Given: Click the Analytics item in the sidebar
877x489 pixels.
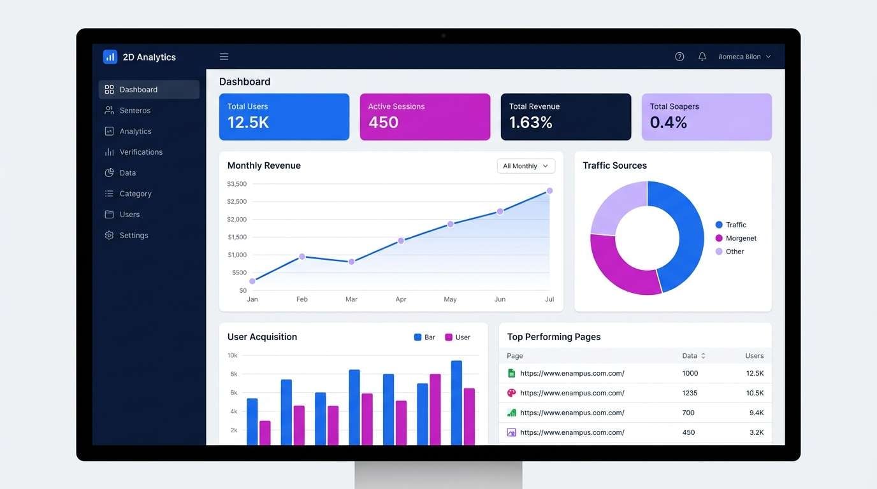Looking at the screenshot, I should point(135,131).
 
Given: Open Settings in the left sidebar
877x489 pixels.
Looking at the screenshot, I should point(133,236).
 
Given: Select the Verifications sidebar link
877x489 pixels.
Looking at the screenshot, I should point(140,152).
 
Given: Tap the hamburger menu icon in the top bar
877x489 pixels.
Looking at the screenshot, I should point(224,57).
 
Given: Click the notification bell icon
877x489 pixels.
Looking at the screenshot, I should point(702,57).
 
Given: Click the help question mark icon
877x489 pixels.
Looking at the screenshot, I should point(679,57).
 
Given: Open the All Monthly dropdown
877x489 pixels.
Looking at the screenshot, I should point(526,166).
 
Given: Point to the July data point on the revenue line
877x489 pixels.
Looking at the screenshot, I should point(549,191).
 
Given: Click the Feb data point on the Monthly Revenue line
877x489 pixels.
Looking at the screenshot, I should point(302,257).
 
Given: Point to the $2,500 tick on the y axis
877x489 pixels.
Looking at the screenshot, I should point(236,202).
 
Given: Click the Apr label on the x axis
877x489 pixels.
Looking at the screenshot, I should point(401,299).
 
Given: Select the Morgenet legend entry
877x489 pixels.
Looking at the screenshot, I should point(741,238).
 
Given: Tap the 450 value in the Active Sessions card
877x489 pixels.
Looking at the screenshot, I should point(383,122).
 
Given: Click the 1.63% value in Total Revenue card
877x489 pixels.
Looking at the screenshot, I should point(530,122).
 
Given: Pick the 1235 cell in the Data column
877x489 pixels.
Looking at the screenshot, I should point(690,393).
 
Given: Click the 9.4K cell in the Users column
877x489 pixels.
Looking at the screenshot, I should point(756,413).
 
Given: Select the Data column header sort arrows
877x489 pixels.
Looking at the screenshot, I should point(703,356).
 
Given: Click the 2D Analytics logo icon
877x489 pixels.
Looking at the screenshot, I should point(110,57).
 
